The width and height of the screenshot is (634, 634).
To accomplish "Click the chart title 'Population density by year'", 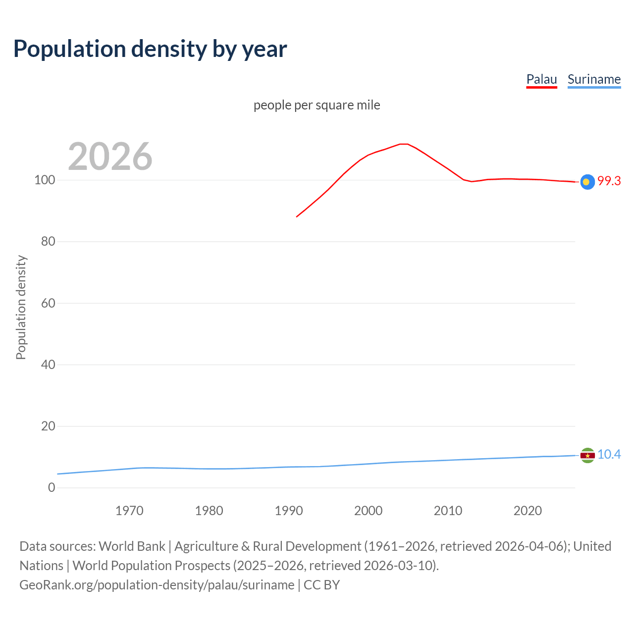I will [x=150, y=49].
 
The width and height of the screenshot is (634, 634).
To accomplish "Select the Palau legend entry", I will [x=541, y=79].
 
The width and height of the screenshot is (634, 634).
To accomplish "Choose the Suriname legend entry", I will [x=594, y=79].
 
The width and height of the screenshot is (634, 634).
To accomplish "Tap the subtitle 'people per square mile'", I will [x=317, y=105].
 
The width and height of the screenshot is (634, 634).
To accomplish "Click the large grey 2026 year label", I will [x=110, y=157].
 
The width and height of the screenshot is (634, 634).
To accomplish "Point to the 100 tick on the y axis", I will [x=45, y=180].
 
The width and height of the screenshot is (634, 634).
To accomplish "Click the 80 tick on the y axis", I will [x=48, y=242].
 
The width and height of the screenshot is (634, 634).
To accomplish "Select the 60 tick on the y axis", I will [x=48, y=303].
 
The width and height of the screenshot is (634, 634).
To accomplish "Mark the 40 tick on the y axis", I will [x=48, y=365].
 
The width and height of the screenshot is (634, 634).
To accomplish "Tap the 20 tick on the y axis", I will [x=48, y=426].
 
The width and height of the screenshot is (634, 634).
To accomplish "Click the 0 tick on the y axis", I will [x=52, y=487].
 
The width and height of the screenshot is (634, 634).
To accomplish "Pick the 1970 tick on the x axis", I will [x=129, y=511].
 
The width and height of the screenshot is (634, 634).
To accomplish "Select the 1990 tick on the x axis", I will [x=289, y=511].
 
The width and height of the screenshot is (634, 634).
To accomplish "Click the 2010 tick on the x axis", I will [x=448, y=511].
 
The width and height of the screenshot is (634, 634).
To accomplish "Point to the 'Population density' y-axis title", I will [x=21, y=307].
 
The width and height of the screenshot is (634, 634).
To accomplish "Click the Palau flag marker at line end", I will [x=587, y=182].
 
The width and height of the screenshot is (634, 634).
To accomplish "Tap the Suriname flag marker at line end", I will [x=587, y=455].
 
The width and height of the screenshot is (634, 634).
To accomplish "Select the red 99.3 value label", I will [x=609, y=181].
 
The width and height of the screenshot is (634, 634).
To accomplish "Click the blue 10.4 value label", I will [x=609, y=455].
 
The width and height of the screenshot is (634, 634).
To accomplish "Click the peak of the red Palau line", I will [x=404, y=144].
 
